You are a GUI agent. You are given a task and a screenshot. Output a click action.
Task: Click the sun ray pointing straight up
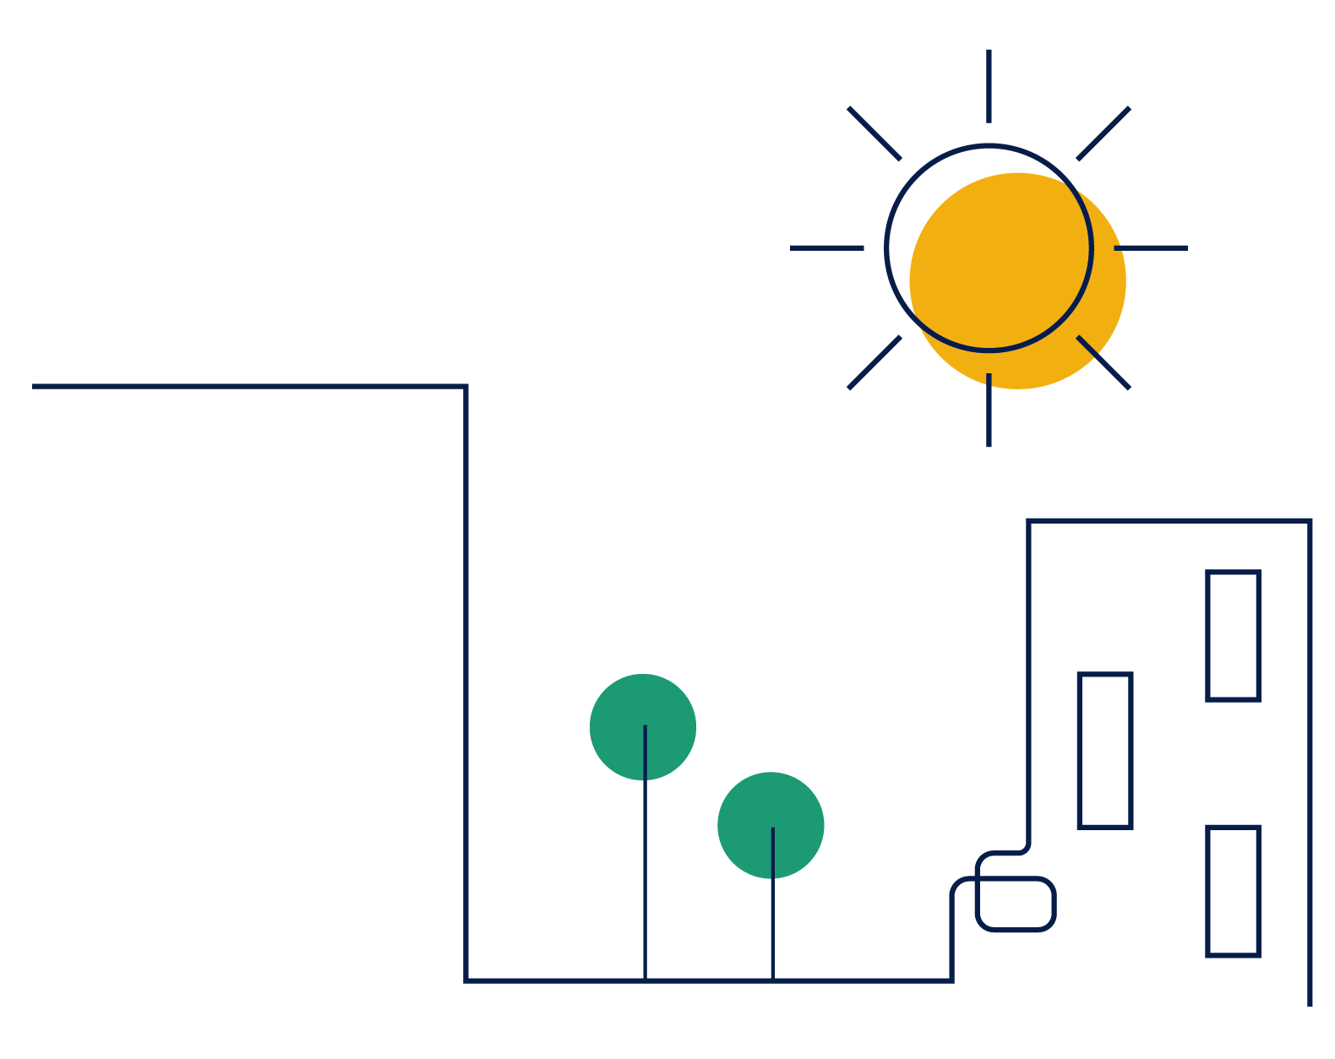989,85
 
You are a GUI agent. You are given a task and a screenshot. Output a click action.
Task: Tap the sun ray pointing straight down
989,410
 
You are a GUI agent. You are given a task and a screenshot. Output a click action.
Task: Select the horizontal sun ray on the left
826,247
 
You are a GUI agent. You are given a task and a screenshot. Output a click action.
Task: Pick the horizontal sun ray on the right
1151,247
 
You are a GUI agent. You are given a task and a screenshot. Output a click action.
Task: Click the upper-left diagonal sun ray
874,133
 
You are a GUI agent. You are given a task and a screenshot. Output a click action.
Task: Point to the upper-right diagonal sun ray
1103,133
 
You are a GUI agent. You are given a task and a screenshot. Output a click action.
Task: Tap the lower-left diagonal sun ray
874,362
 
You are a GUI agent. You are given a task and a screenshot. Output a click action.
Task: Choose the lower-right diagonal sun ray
1103,362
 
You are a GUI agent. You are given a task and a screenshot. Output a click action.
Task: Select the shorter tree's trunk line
772,929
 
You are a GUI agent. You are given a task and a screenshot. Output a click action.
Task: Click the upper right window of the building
1233,636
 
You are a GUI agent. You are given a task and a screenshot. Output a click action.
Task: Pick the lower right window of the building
1233,891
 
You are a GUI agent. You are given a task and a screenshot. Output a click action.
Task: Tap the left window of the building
1104,751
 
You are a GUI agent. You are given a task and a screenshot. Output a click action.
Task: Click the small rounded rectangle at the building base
1016,904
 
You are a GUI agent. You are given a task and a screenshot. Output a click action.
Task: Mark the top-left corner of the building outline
1028,521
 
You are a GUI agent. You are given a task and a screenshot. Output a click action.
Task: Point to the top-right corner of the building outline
1310,521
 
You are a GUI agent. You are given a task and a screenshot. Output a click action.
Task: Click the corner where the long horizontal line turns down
466,387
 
